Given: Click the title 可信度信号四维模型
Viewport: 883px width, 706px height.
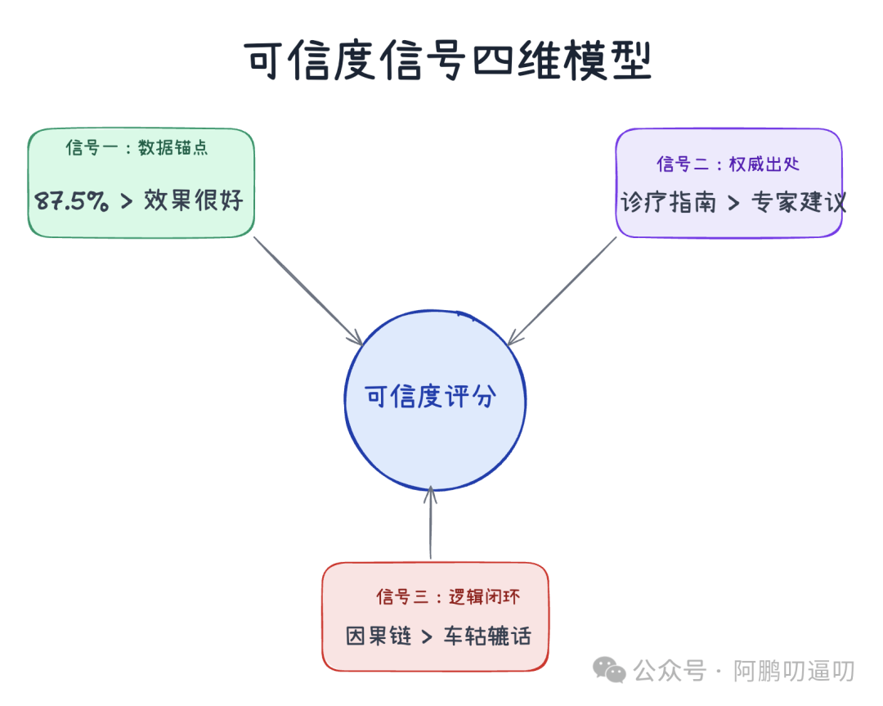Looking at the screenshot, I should (x=448, y=61).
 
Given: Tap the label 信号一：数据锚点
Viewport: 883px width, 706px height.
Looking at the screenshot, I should (x=137, y=148).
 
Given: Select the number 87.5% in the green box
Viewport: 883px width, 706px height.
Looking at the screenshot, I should (x=72, y=200).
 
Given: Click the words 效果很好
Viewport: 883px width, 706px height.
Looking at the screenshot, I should (x=194, y=200).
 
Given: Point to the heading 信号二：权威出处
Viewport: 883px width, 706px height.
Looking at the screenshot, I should (x=728, y=164).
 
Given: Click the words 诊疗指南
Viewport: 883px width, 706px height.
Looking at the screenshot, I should (x=668, y=202).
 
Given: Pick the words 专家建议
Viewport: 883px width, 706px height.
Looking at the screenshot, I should (x=799, y=202).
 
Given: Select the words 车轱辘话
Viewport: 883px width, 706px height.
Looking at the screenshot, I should (x=487, y=636).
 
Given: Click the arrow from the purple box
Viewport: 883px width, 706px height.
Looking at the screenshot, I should (x=563, y=290).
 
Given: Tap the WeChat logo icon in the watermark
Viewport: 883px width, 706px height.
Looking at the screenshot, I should (x=610, y=670).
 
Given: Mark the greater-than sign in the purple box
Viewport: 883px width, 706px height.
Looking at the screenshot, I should (x=733, y=203).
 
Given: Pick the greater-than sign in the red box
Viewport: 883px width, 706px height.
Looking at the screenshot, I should (x=426, y=636).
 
